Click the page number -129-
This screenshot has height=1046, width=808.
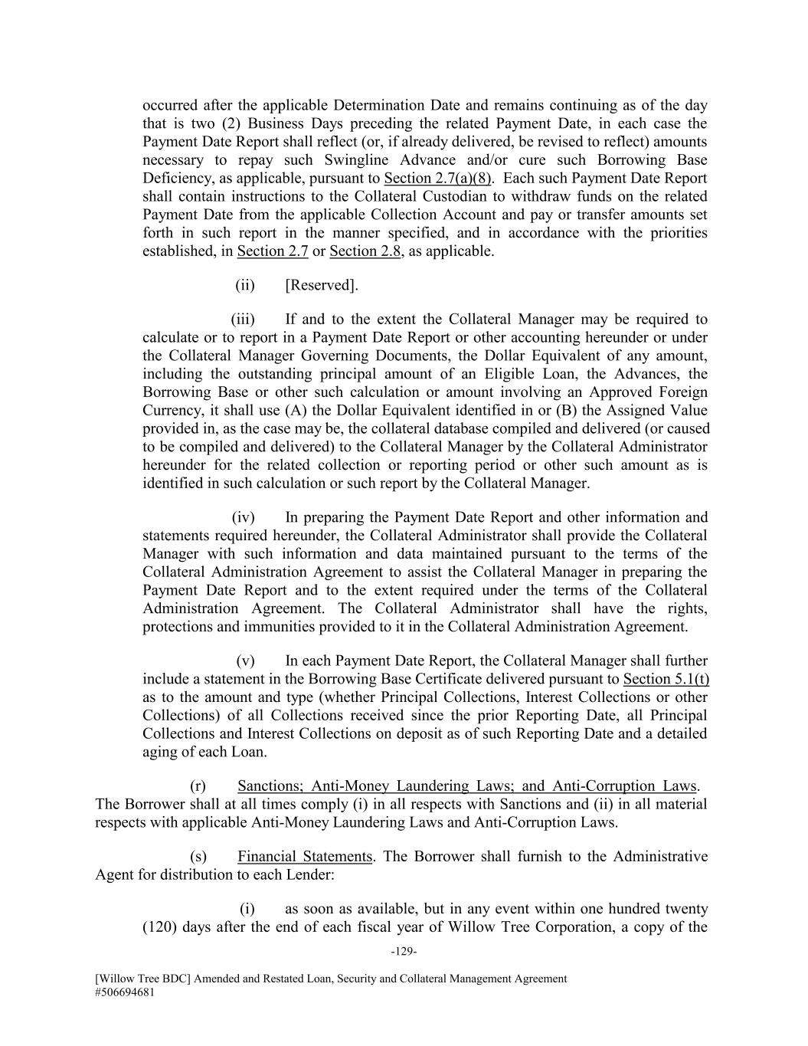(404, 951)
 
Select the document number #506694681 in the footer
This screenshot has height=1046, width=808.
(128, 991)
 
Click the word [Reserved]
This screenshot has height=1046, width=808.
(321, 286)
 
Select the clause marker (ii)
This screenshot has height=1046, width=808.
(245, 286)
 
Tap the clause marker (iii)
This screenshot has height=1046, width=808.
(243, 320)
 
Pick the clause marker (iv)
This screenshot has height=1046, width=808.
(244, 517)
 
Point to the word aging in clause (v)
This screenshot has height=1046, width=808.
(160, 752)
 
